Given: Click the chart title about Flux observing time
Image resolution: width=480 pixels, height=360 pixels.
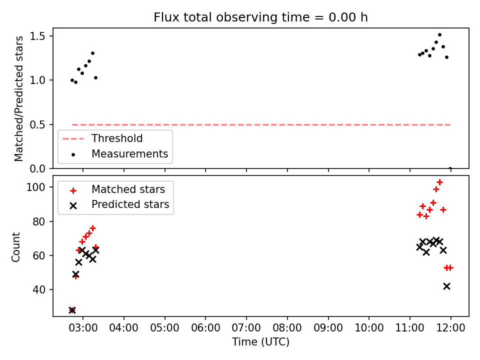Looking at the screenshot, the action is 260,17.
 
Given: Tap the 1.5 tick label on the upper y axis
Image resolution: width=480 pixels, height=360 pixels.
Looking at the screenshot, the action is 37,36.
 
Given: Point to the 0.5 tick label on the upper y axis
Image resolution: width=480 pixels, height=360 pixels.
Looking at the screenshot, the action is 37,124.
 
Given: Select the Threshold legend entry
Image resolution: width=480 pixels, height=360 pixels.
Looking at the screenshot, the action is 102,138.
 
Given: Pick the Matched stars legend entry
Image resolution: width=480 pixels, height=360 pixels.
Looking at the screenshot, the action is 117,189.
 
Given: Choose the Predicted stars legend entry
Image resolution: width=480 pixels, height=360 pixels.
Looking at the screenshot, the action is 119,204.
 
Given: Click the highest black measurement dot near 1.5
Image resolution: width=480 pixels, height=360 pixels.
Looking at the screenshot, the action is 439,35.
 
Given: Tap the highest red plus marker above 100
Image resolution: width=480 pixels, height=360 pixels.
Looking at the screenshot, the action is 439,182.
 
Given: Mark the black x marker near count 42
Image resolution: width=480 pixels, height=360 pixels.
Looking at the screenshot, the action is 446,286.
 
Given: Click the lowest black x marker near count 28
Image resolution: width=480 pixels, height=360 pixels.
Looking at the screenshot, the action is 72,310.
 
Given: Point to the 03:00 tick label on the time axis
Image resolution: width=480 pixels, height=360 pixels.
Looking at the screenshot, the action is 83,328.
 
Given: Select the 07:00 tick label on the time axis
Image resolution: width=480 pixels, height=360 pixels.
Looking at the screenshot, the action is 246,328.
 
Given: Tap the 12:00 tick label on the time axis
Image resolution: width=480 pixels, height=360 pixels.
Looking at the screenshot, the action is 450,328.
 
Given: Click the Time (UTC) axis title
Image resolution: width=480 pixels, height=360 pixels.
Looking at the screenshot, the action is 260,341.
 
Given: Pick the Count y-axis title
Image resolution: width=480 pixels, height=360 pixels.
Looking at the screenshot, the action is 15,247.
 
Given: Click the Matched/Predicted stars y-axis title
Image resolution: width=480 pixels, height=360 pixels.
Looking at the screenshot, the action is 18,98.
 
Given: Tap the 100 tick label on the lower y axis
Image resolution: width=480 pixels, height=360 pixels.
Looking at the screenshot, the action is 35,187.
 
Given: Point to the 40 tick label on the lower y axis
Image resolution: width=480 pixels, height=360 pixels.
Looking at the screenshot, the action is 38,289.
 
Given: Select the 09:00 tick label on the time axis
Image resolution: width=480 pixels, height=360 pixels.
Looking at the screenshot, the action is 328,328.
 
